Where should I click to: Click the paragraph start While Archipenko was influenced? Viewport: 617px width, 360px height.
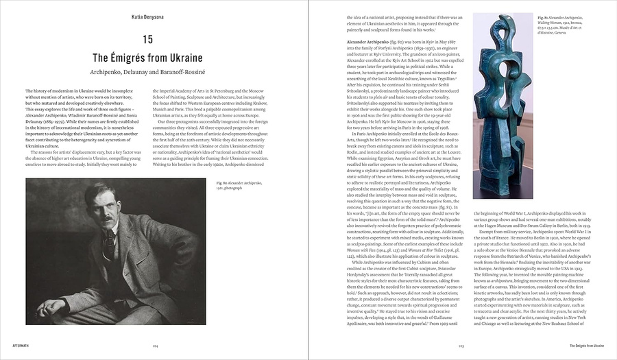[377, 263]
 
